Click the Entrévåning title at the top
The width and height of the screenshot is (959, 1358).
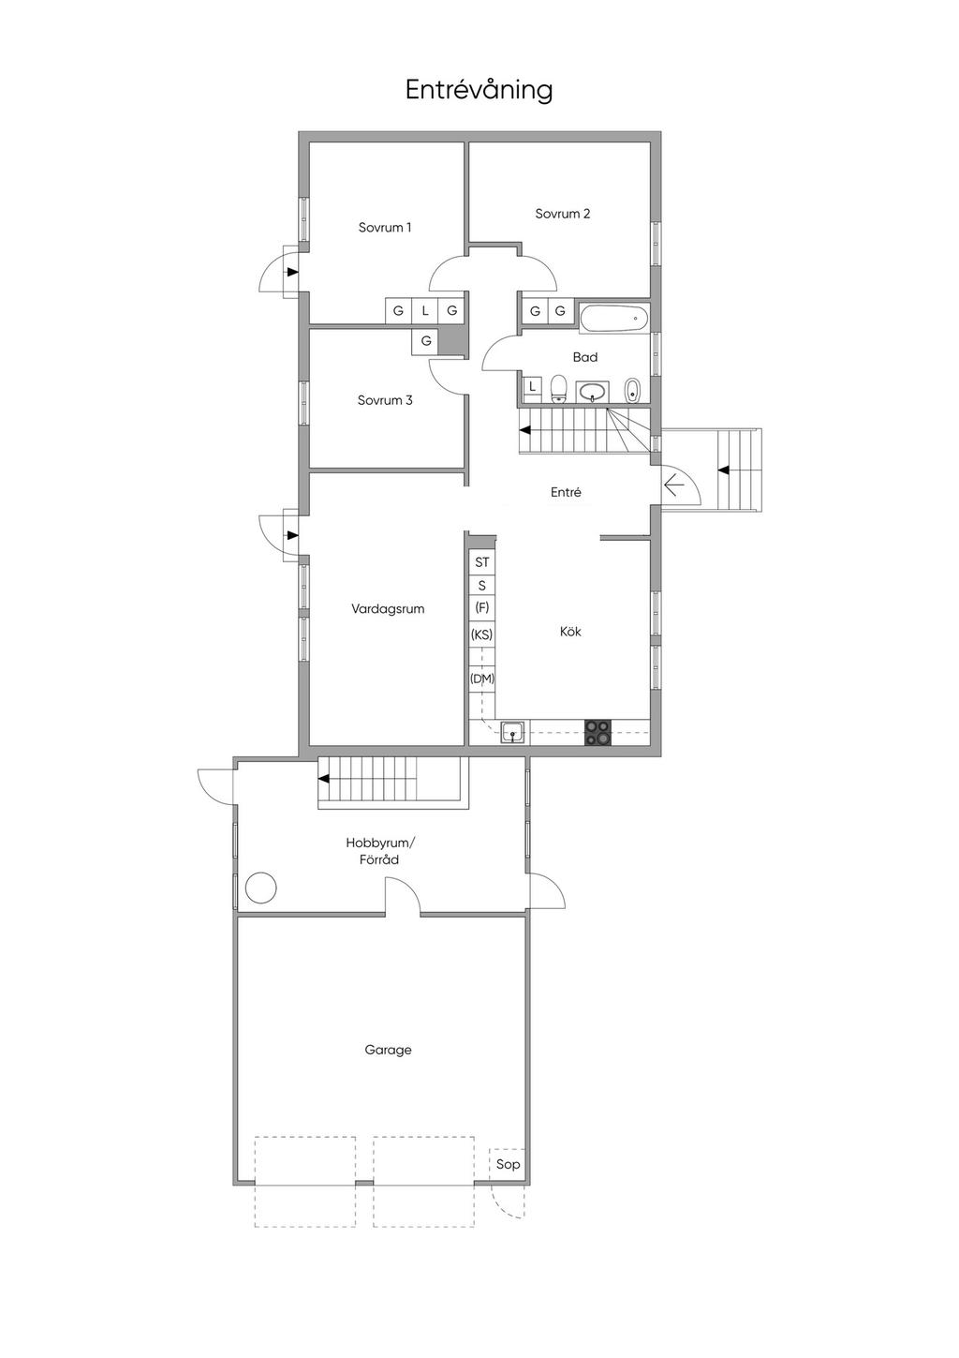point(479,90)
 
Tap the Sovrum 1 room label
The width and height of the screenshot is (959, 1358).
point(385,228)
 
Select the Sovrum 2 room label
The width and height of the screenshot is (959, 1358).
point(562,214)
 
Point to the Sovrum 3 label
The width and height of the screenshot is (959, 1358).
point(385,400)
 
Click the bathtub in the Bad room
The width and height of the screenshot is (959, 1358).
point(613,318)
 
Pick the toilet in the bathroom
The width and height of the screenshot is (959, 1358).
point(558,389)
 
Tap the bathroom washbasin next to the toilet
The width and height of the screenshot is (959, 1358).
point(593,392)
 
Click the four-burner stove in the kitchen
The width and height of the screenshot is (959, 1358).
point(598,732)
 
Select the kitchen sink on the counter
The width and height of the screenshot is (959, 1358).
point(513,732)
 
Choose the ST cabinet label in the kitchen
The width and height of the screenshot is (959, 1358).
point(481,562)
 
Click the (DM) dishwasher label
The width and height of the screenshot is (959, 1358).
point(482,679)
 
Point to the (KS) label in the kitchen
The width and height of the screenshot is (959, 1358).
point(481,634)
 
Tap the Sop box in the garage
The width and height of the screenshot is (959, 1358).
point(508,1164)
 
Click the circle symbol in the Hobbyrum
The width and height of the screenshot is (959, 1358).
point(261,888)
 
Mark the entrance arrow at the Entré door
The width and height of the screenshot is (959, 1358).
point(673,485)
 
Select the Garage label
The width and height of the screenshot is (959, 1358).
point(388,1050)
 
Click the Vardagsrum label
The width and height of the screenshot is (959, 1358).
point(388,608)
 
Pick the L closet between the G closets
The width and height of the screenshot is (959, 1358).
point(425,311)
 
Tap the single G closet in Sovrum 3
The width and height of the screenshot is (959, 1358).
point(426,341)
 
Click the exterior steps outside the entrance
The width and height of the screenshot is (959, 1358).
point(739,470)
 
